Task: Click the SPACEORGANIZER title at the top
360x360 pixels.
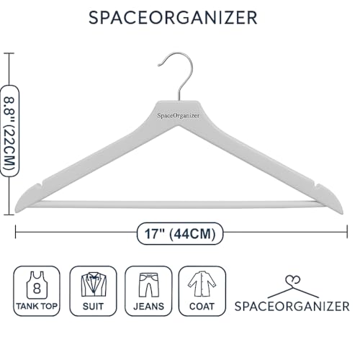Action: (x=173, y=17)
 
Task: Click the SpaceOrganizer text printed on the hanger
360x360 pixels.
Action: (x=179, y=116)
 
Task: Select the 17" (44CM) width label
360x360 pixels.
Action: (x=180, y=233)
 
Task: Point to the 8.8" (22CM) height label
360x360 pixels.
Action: (x=9, y=131)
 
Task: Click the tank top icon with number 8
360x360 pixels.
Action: (x=37, y=285)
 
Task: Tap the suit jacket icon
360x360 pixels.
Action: (x=94, y=284)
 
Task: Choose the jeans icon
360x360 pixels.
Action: (x=149, y=285)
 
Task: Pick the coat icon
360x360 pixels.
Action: (x=202, y=284)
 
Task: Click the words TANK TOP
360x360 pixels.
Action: (x=37, y=307)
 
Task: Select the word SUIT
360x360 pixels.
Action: (x=93, y=307)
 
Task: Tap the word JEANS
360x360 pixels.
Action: (x=149, y=307)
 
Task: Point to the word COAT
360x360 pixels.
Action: (x=202, y=307)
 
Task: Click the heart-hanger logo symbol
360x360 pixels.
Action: (x=293, y=288)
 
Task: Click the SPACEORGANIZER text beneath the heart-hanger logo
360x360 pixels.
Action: (x=292, y=307)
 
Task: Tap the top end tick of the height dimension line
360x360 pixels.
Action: (x=9, y=53)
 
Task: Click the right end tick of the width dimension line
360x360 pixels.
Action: (x=347, y=232)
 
